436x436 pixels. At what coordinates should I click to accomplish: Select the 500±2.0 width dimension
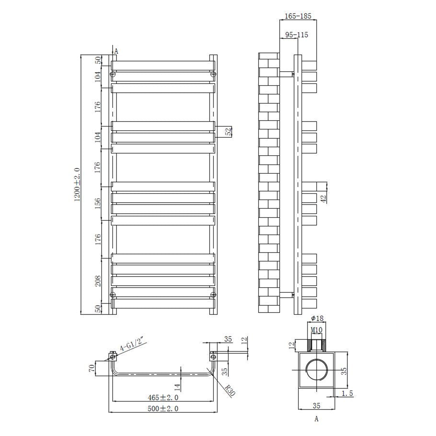click(x=163, y=408)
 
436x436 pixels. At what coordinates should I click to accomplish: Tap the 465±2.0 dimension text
click(x=163, y=397)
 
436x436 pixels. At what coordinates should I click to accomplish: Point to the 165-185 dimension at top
click(x=298, y=16)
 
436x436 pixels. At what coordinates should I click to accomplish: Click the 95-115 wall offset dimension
click(x=296, y=35)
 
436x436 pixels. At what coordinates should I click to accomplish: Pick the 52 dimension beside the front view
click(x=229, y=131)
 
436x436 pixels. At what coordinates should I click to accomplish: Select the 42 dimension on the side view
click(x=324, y=199)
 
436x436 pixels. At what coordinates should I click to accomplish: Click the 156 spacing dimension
click(x=98, y=203)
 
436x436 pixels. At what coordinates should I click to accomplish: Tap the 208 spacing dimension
click(x=98, y=281)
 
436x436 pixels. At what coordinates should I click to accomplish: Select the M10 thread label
click(x=317, y=330)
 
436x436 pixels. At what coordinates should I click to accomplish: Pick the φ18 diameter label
click(x=317, y=318)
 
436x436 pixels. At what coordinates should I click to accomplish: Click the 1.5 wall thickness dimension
click(x=347, y=394)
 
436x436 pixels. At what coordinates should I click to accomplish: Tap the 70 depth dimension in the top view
click(x=92, y=368)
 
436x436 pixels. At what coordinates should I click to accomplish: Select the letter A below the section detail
click(x=317, y=419)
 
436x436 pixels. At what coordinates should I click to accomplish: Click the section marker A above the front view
click(x=116, y=51)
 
